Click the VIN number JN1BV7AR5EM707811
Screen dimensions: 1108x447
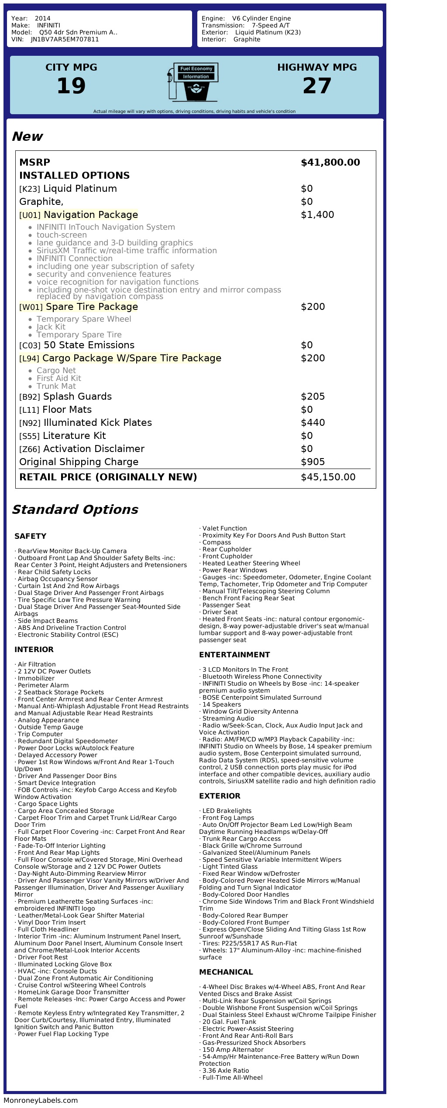65,39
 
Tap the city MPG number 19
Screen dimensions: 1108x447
71,86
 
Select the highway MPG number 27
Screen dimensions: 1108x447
317,86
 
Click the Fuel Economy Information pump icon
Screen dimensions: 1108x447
193,82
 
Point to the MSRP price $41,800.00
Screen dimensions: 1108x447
330,163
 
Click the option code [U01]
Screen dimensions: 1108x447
30,215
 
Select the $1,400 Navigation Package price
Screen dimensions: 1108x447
317,215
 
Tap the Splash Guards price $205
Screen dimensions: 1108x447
313,397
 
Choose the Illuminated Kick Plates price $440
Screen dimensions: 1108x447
313,423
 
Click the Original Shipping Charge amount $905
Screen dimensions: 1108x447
313,462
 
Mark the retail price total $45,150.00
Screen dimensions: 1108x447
328,477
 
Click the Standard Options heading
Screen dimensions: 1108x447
75,510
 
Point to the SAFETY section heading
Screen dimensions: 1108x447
30,536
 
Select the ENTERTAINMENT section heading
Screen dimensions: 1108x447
234,655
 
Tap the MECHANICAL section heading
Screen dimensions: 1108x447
226,972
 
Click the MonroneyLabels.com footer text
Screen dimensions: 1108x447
41,1101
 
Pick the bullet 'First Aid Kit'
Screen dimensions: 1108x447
59,378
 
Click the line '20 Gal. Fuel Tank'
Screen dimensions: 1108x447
230,1022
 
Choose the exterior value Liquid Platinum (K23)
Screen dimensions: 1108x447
268,32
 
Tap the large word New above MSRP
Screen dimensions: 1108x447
27,136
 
